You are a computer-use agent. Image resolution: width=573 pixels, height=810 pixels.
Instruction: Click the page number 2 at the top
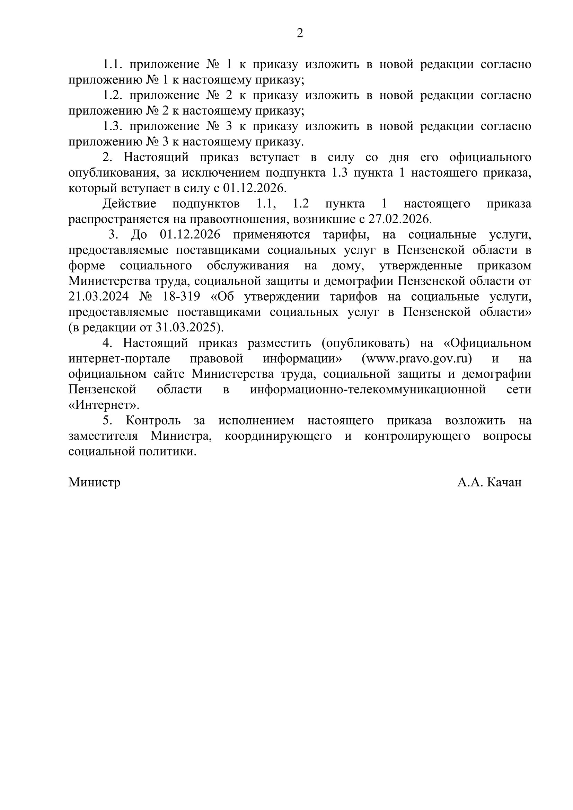(x=300, y=33)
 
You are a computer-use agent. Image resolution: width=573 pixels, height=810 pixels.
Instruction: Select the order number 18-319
(x=181, y=297)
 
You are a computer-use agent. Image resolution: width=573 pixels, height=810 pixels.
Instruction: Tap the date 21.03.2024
(x=98, y=297)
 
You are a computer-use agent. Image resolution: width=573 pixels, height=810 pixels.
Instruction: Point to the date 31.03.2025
(x=189, y=328)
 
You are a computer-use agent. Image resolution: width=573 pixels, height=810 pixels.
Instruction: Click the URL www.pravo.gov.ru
(x=417, y=359)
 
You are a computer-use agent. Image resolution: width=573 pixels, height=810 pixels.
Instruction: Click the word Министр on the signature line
(x=94, y=482)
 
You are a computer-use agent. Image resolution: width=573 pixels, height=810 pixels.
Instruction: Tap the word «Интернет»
(x=104, y=406)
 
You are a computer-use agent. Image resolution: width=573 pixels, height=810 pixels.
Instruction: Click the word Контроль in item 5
(x=153, y=420)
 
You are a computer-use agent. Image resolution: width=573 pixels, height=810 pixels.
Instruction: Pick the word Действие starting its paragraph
(x=129, y=204)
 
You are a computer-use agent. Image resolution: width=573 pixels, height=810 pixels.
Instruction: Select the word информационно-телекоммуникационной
(x=368, y=390)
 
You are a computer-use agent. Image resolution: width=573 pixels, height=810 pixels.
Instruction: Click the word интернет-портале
(x=119, y=359)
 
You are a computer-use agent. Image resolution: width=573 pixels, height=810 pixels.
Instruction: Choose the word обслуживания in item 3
(x=248, y=266)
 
